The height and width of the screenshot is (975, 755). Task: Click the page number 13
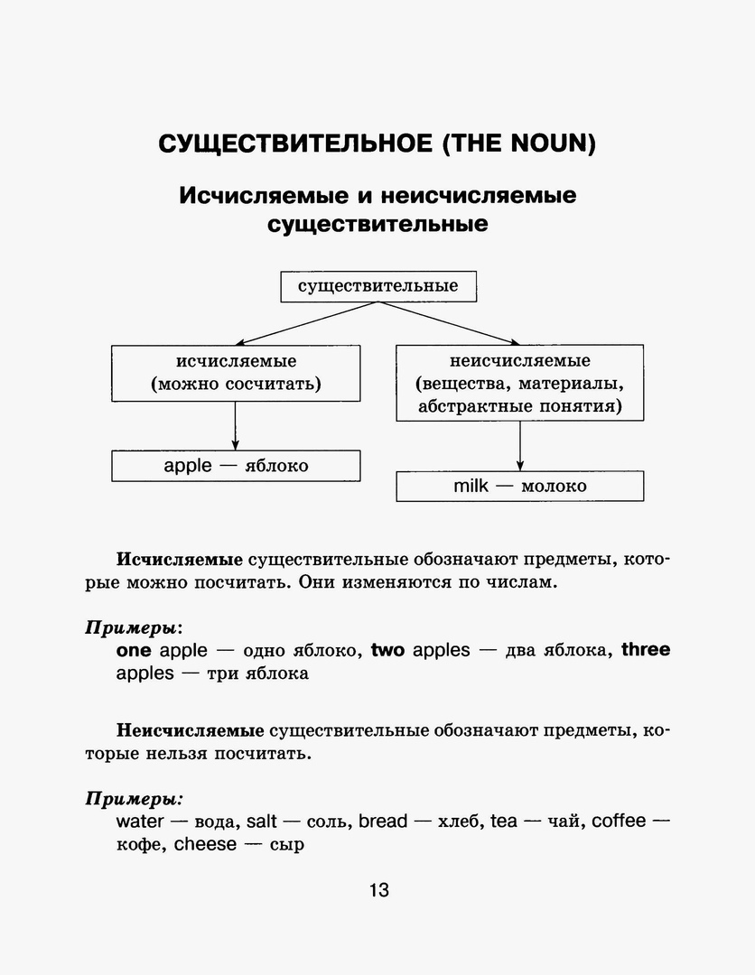click(x=378, y=890)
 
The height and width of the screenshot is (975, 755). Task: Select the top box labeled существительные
click(x=377, y=286)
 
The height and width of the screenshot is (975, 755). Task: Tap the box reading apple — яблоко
click(x=236, y=466)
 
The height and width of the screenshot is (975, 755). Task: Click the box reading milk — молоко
click(x=520, y=486)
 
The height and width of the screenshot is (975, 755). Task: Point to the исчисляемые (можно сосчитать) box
click(x=236, y=373)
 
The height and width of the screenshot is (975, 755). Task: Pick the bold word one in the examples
click(x=134, y=650)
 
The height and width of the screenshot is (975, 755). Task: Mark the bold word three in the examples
click(x=646, y=650)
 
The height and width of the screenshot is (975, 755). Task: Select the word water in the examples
click(x=140, y=822)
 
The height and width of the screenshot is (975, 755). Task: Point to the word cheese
click(x=205, y=845)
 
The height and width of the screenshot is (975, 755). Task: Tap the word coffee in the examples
click(x=619, y=822)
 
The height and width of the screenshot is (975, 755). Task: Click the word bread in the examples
click(x=383, y=822)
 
